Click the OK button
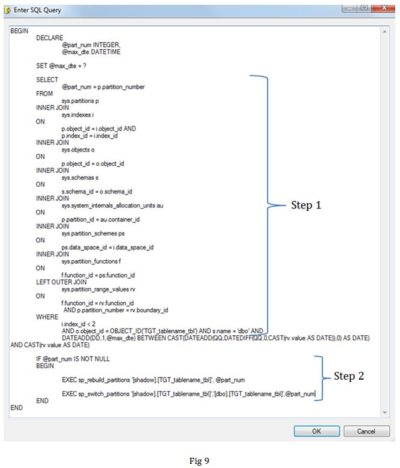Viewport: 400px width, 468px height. click(x=316, y=431)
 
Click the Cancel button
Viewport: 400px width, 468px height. click(x=366, y=431)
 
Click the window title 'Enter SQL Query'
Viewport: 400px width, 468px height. click(x=37, y=10)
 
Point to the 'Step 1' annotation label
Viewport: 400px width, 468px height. click(x=306, y=205)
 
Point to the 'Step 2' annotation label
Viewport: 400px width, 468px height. click(x=349, y=376)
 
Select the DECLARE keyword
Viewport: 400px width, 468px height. click(x=49, y=38)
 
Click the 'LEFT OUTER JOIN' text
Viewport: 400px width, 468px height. click(x=61, y=282)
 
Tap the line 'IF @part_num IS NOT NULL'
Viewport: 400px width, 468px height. click(x=73, y=359)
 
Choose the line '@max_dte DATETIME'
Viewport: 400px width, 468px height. click(x=91, y=52)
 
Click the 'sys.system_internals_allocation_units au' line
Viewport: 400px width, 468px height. click(x=112, y=205)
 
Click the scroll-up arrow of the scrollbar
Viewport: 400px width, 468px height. click(x=385, y=31)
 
